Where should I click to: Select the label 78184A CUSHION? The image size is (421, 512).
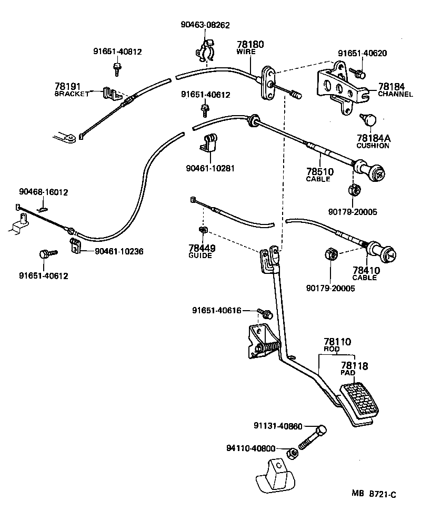(x=373, y=141)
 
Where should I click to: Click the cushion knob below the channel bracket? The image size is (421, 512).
(x=367, y=120)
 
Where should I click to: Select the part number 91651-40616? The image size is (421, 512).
(x=217, y=311)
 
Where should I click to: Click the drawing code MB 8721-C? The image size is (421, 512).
(x=374, y=494)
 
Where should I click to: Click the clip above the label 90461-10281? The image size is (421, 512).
(x=209, y=142)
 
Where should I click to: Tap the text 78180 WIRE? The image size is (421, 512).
(x=250, y=48)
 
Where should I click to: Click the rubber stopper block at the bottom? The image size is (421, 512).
(x=275, y=474)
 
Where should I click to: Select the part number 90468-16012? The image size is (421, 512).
(x=44, y=192)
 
